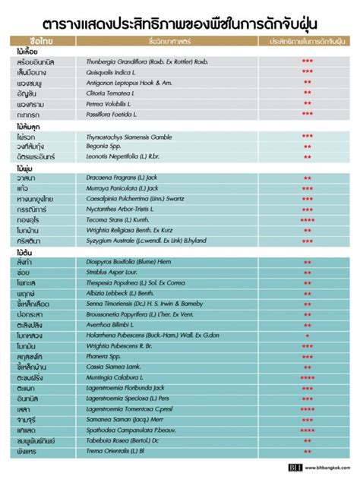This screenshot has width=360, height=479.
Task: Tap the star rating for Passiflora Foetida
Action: tap(308, 113)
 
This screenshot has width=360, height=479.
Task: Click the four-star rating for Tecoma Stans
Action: tap(308, 220)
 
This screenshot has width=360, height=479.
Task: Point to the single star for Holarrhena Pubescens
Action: tap(308, 335)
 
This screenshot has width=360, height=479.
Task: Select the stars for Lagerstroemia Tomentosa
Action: tap(308, 408)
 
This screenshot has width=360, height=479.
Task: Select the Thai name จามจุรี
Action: tap(26, 419)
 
